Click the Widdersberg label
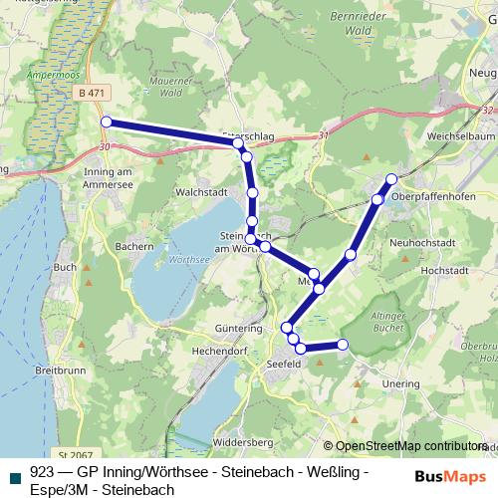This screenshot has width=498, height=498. point(243,441)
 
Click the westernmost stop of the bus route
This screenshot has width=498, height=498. point(106,123)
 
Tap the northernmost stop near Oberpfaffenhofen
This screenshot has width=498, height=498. point(391,179)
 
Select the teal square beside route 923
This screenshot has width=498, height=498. point(15,475)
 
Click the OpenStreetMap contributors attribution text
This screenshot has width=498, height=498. point(410,446)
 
